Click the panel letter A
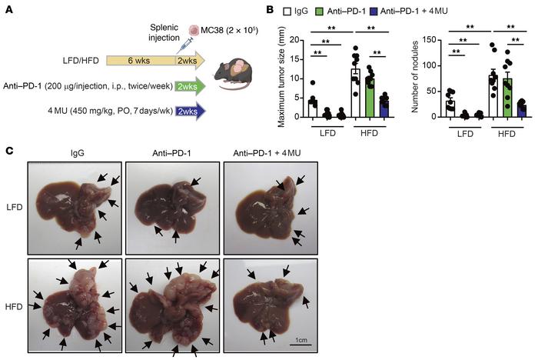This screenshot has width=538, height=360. [x=8, y=9]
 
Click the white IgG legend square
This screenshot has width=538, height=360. [x=286, y=10]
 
